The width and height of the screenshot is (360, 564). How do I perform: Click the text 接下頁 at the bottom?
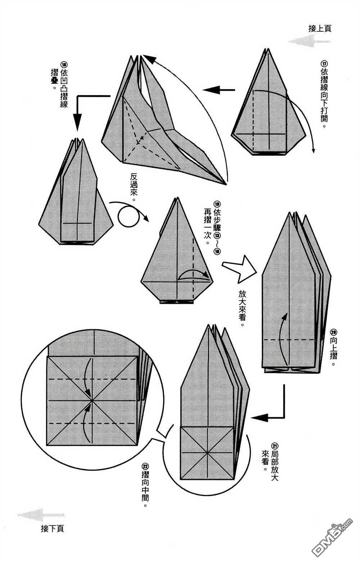(53, 529)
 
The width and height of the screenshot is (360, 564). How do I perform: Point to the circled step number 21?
(275, 445)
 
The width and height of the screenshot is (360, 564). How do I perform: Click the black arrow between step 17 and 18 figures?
(218, 90)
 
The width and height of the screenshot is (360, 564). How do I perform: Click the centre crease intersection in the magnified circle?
(92, 400)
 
